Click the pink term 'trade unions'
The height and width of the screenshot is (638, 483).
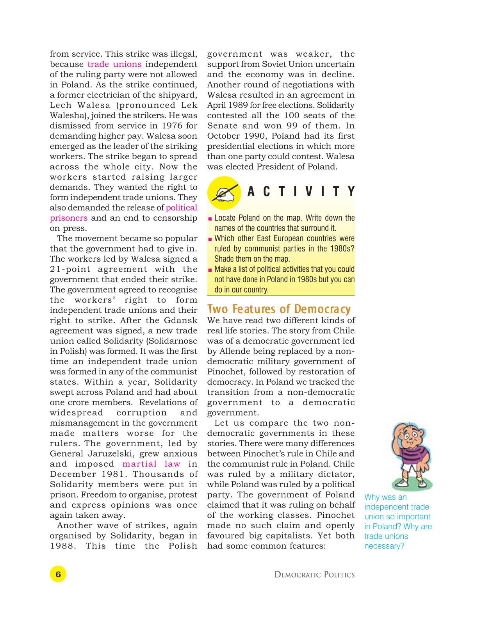(114, 64)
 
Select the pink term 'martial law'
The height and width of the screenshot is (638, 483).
(151, 464)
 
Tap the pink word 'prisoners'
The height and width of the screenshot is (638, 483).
(69, 218)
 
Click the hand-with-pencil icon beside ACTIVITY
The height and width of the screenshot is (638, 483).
(224, 192)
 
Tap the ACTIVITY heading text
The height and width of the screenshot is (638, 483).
(301, 192)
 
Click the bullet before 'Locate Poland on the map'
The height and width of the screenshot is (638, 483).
(210, 219)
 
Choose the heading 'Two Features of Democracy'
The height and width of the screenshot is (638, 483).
(279, 309)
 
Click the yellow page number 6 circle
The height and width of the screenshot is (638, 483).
(58, 574)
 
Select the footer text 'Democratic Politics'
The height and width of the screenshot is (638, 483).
(314, 575)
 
